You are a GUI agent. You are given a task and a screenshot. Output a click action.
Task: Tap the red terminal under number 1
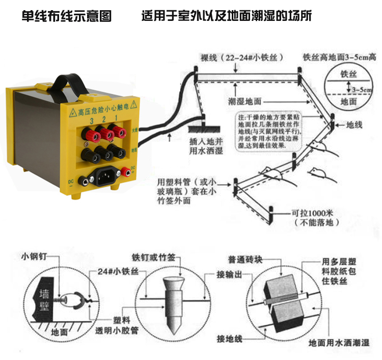(119, 133)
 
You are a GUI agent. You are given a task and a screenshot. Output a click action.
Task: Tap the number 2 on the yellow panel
(103, 120)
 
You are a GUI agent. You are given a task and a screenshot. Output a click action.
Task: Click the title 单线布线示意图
(66, 16)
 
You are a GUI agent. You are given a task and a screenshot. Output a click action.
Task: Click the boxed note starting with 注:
(269, 132)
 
